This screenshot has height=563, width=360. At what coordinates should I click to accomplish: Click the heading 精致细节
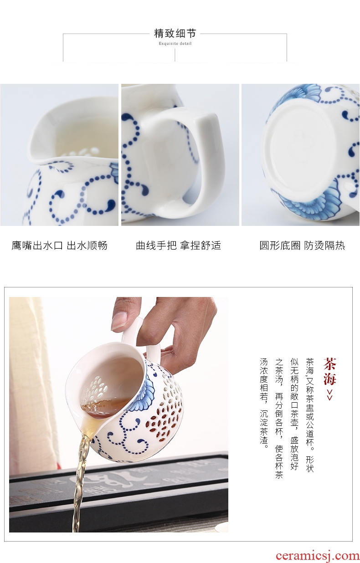point(175,33)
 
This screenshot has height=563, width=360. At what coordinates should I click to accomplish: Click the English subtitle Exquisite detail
point(175,43)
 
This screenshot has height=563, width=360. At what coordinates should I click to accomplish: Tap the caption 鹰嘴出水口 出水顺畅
point(60,246)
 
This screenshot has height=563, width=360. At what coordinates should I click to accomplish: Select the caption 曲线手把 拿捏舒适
point(179,246)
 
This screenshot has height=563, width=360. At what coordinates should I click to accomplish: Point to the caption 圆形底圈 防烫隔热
point(302,246)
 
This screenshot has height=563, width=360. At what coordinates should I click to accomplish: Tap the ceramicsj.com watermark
point(318,555)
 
